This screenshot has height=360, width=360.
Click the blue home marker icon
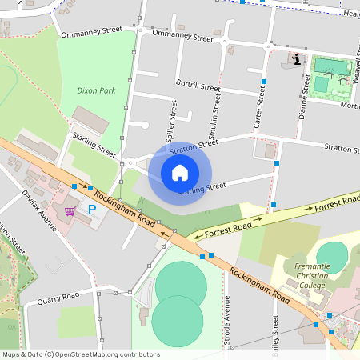coord(180,173)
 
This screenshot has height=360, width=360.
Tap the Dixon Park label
coord(96,90)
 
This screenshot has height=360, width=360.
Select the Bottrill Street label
coord(198,86)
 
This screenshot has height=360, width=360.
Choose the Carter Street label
coord(259,107)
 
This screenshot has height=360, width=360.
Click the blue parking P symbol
coord(92,210)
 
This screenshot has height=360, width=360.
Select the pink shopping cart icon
coord(70,211)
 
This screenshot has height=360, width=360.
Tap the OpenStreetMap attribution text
coord(81,354)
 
